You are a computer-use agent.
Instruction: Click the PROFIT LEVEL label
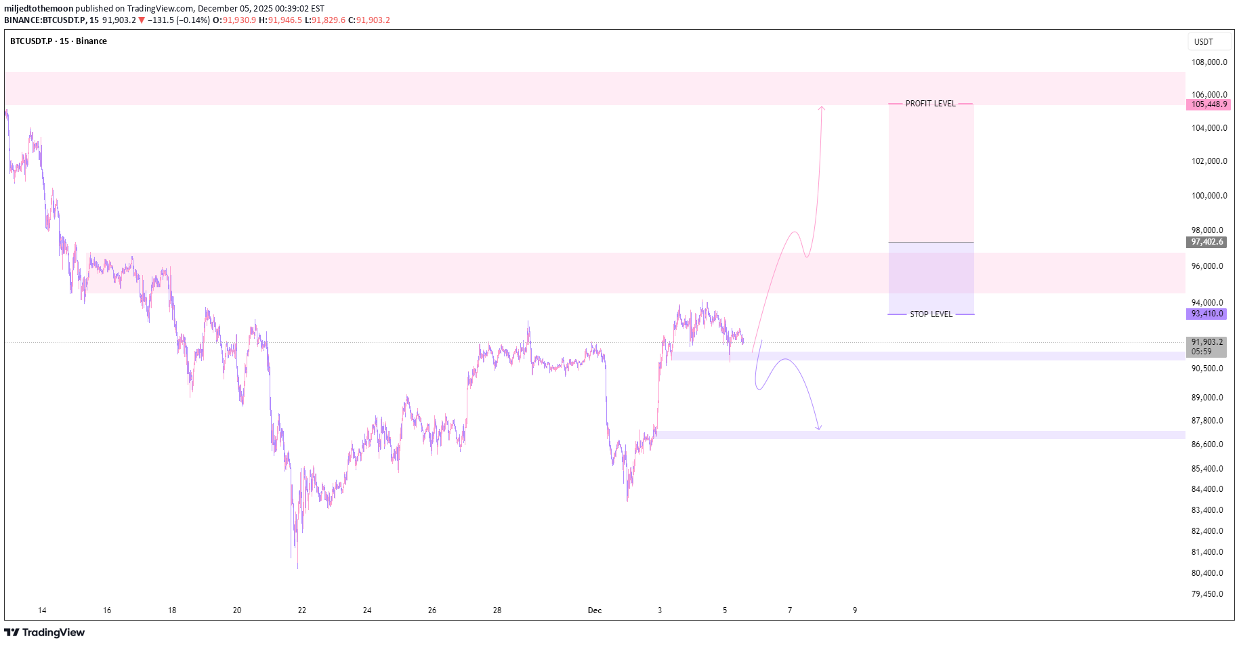click(x=930, y=104)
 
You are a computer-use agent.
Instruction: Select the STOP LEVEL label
click(x=931, y=314)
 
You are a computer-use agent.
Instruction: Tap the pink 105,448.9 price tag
click(x=1209, y=104)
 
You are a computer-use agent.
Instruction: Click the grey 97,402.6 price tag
click(x=1207, y=242)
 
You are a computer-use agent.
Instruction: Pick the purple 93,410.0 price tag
click(x=1207, y=314)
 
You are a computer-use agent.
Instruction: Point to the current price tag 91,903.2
click(x=1206, y=343)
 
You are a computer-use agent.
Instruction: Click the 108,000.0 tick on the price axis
click(x=1209, y=62)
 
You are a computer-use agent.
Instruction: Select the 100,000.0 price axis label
click(x=1209, y=196)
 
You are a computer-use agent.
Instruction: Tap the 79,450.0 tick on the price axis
click(x=1207, y=594)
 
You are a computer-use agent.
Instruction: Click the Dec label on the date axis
click(x=595, y=610)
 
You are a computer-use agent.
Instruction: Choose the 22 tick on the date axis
click(x=302, y=610)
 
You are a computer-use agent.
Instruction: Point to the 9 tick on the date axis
click(x=855, y=610)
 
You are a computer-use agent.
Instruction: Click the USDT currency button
click(x=1204, y=42)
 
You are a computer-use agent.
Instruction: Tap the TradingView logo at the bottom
click(x=45, y=633)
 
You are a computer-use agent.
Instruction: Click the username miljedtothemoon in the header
click(x=39, y=9)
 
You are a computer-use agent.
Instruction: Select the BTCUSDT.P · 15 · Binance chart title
click(x=58, y=41)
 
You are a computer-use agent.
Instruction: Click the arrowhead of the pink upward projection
click(x=822, y=107)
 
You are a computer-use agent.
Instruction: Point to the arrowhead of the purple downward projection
click(x=819, y=428)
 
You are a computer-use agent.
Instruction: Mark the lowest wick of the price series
click(x=297, y=567)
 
